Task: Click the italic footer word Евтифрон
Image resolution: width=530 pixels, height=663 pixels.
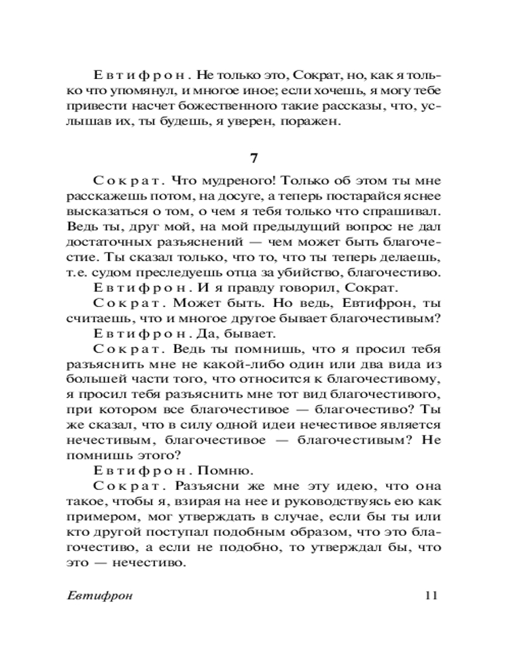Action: [x=100, y=595]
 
